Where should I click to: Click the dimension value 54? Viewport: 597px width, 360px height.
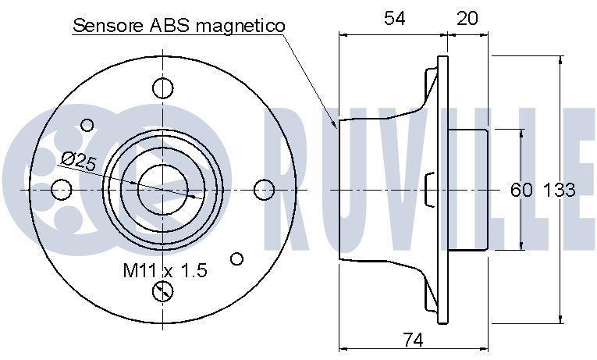394,18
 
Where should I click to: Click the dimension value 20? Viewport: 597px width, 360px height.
467,18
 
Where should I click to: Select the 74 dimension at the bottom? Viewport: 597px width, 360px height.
413,340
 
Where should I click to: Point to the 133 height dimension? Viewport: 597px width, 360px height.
559,190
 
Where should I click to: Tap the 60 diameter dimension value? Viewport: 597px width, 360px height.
521,190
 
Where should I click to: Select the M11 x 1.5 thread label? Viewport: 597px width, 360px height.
165,270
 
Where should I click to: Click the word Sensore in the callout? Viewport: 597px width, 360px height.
108,26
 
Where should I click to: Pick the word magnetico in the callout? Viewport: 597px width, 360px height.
240,26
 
